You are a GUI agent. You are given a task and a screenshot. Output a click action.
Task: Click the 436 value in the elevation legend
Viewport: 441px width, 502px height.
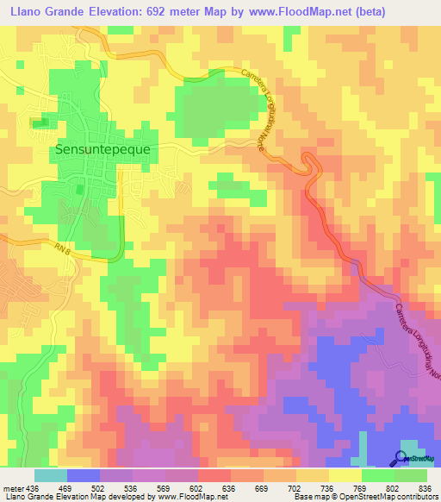(x=32, y=487)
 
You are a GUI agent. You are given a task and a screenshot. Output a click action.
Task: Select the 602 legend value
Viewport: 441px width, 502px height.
(x=197, y=487)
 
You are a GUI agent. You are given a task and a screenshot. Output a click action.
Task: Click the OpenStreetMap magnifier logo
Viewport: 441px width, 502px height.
(x=402, y=457)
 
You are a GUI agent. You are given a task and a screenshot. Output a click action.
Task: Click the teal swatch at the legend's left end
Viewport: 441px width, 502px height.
(x=50, y=475)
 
